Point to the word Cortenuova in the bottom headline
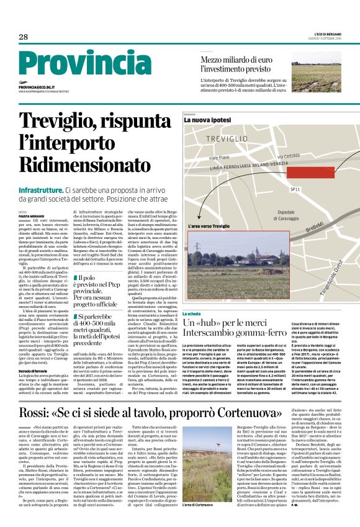click(x=302, y=395)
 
